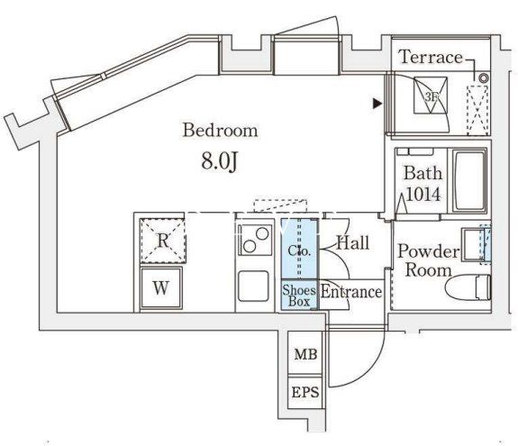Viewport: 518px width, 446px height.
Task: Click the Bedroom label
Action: (x=221, y=130)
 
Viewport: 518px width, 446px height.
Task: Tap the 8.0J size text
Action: (x=220, y=162)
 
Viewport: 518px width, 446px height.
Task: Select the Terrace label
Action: (x=431, y=57)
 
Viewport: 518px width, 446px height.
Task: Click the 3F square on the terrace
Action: (x=431, y=96)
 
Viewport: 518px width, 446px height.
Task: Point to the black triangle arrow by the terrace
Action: (x=377, y=104)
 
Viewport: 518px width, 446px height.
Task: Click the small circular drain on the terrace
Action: (x=484, y=78)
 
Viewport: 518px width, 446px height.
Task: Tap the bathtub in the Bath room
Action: (x=469, y=181)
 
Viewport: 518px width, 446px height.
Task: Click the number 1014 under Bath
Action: (x=423, y=194)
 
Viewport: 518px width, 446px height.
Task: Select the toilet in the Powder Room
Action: (x=468, y=287)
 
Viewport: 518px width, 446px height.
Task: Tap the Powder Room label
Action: (x=428, y=260)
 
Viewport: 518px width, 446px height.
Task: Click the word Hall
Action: (x=353, y=243)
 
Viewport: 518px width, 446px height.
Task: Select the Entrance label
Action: (x=351, y=292)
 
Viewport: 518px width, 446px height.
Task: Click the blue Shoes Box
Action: (x=299, y=295)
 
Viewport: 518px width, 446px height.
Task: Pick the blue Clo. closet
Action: (x=299, y=249)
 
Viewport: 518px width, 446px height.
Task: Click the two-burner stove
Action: (x=256, y=240)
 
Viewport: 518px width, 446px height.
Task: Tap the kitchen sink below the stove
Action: (x=253, y=287)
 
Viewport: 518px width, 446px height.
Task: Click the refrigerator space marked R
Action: (x=162, y=241)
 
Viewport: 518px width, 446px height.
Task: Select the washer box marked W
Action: (x=161, y=288)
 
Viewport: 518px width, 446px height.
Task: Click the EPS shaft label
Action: (x=305, y=393)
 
